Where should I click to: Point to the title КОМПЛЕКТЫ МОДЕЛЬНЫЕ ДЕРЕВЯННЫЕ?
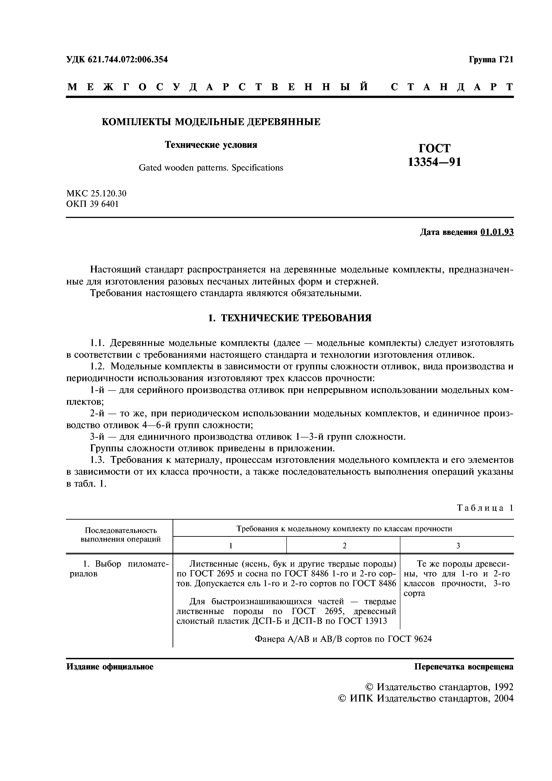211,122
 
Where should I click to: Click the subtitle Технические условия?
211,145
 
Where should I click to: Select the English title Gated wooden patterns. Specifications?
211,168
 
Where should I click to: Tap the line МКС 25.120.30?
96,193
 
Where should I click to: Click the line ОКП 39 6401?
92,204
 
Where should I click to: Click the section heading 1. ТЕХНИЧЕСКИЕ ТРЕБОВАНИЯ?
289,318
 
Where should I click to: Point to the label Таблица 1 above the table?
485,508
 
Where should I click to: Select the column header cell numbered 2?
344,546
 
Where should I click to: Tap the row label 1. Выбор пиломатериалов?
119,569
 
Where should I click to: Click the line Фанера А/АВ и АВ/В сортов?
343,639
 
